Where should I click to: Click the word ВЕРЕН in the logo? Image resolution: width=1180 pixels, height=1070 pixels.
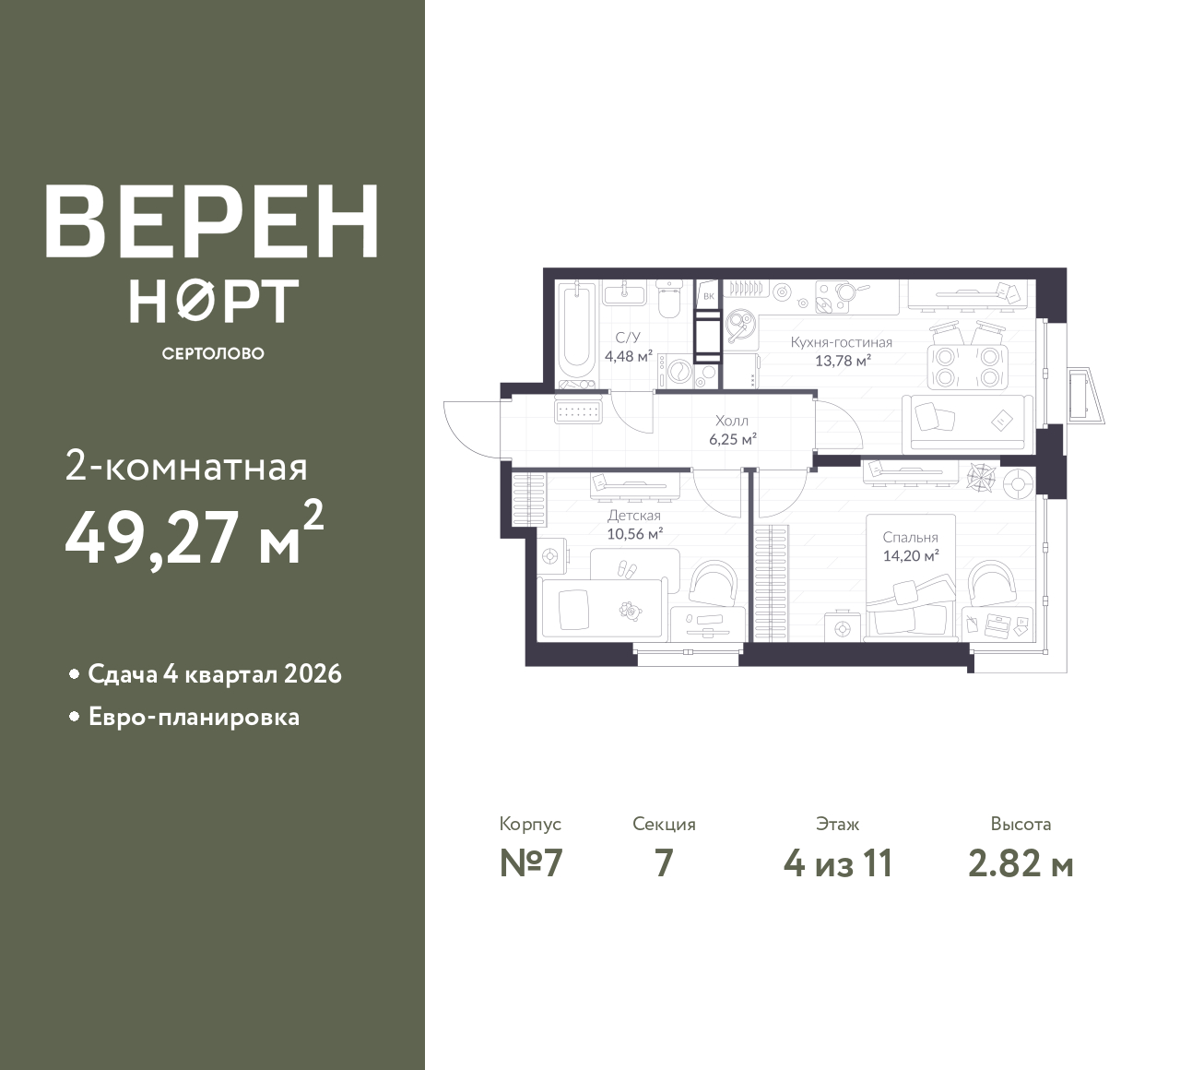(x=212, y=221)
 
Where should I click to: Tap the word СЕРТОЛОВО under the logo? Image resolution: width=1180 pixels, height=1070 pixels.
(x=213, y=353)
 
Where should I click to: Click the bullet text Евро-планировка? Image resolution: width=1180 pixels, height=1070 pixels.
(x=195, y=718)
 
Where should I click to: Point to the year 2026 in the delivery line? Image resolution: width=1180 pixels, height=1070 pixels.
(x=313, y=674)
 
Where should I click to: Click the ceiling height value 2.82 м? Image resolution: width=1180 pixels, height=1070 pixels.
(x=1021, y=864)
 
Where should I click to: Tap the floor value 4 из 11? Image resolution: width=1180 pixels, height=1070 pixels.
(x=838, y=864)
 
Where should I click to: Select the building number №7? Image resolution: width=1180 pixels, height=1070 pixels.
(x=531, y=864)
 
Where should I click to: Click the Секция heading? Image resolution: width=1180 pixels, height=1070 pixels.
(x=664, y=825)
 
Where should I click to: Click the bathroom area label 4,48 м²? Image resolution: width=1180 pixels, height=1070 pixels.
(x=629, y=356)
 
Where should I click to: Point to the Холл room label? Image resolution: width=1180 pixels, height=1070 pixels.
(x=732, y=421)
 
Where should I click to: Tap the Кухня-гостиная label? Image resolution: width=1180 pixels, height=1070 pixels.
(x=841, y=342)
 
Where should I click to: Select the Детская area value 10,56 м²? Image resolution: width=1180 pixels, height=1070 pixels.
(x=635, y=534)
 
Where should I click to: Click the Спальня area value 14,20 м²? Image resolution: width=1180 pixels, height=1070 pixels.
(x=911, y=555)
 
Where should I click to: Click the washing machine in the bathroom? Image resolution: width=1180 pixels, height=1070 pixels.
(x=678, y=371)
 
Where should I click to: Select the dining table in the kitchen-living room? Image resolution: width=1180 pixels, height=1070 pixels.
(x=968, y=366)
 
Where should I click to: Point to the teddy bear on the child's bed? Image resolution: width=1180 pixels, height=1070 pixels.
(x=630, y=611)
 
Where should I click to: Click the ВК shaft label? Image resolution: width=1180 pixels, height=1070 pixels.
(x=709, y=296)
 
